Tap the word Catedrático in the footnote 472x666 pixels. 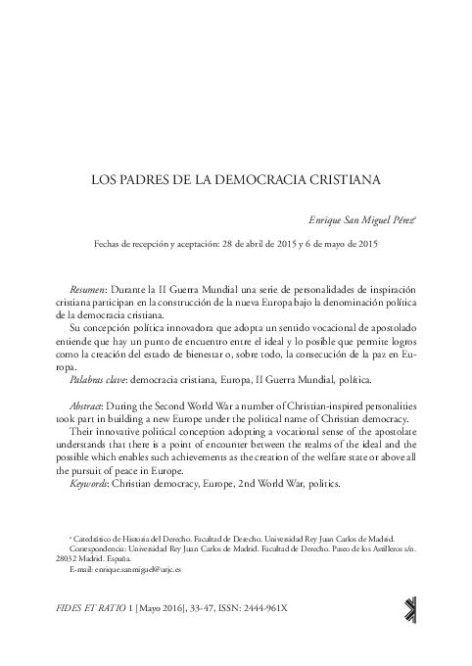(x=97, y=539)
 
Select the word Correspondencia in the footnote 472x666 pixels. (x=107, y=548)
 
